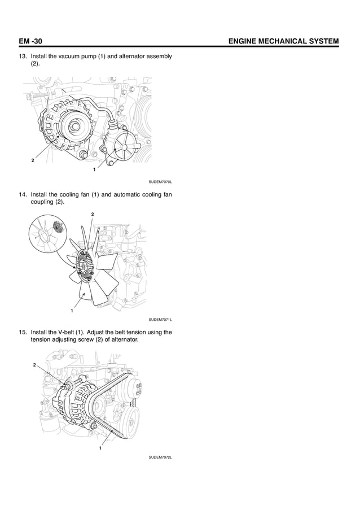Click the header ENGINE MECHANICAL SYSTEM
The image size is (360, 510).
coord(281,41)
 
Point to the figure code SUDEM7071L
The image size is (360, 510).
coord(160,320)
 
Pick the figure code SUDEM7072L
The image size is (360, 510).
coord(160,457)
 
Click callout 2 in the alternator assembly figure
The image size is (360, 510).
coord(33,161)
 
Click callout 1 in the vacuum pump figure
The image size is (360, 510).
coord(93,170)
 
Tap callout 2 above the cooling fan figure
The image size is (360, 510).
coord(93,214)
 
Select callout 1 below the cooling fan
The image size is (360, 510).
coord(72,311)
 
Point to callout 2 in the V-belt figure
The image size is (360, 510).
coord(34,365)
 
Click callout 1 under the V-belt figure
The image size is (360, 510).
coord(100,449)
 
